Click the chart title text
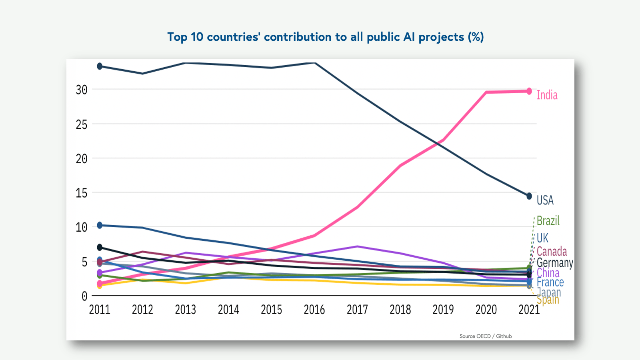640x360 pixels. click(x=325, y=37)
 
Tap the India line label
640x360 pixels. click(x=547, y=95)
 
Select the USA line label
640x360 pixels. click(x=545, y=200)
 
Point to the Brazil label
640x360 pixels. click(x=548, y=221)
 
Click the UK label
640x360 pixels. click(x=542, y=238)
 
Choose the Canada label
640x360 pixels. click(x=552, y=252)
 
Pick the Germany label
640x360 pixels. click(x=555, y=263)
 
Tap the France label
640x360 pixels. click(x=550, y=282)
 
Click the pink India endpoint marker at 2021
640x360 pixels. click(x=529, y=91)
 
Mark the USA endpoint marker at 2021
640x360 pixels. click(x=529, y=196)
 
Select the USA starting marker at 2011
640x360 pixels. click(x=100, y=66)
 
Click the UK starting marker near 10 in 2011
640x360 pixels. click(x=100, y=225)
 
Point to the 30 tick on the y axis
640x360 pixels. click(x=82, y=90)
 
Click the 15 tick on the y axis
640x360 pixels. click(x=82, y=193)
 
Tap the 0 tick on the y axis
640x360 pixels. click(x=84, y=296)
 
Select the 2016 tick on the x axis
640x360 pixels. click(x=314, y=310)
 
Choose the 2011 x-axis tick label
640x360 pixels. click(x=100, y=310)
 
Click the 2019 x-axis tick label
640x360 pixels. click(x=443, y=310)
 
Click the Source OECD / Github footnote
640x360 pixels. click(x=485, y=336)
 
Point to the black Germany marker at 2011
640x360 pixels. click(x=100, y=247)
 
